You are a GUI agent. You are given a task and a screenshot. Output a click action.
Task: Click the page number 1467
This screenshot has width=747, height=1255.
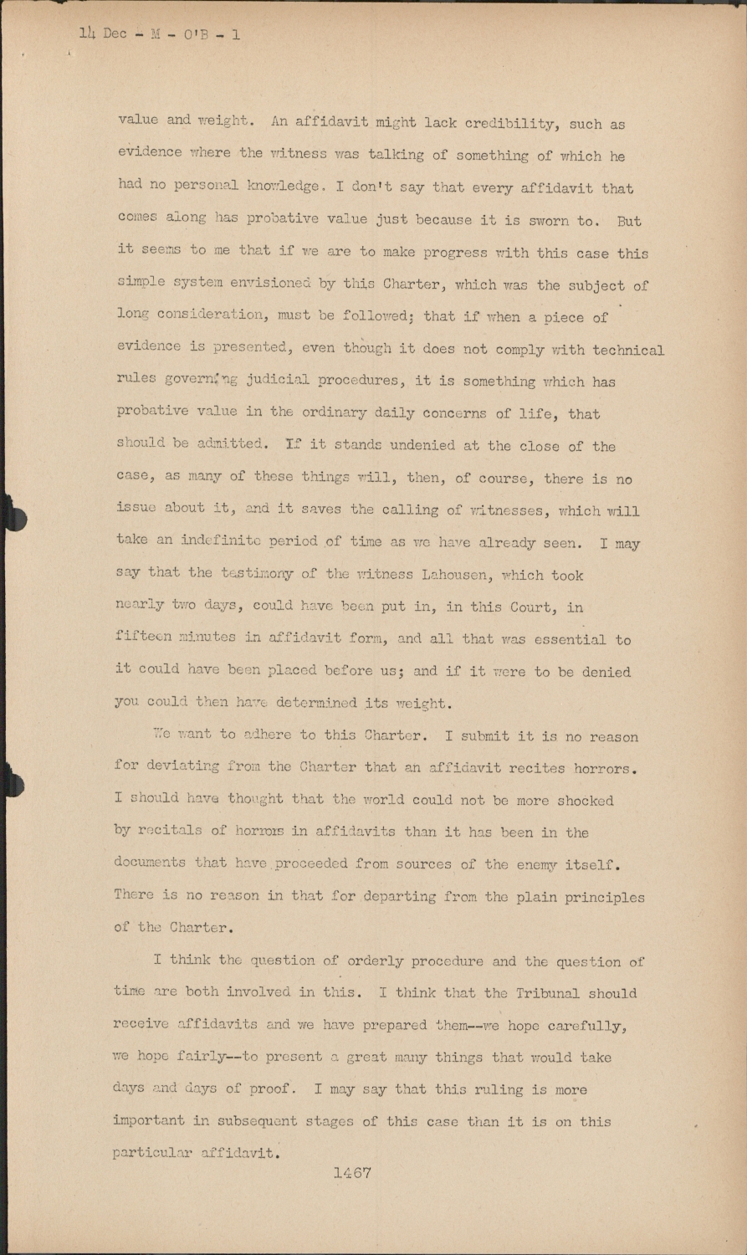pyautogui.click(x=351, y=1173)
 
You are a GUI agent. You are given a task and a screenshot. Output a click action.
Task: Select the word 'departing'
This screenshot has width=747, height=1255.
pyautogui.click(x=404, y=897)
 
